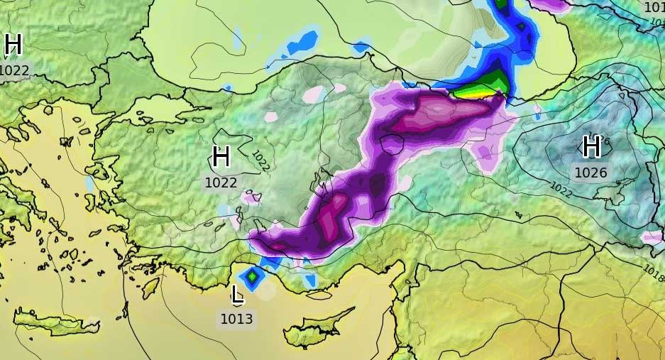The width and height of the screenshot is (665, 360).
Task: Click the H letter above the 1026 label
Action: point(591,147)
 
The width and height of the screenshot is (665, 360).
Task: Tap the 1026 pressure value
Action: point(590,172)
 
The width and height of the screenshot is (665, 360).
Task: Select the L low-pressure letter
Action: point(238,293)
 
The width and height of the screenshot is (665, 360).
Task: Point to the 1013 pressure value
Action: point(236,319)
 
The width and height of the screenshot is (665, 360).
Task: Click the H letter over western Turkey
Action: point(221,157)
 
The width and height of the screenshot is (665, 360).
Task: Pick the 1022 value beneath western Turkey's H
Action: point(221,182)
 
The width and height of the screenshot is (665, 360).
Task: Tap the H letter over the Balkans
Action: point(13,45)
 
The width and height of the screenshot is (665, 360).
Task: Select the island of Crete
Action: point(57,323)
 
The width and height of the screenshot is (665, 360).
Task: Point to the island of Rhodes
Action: point(150,287)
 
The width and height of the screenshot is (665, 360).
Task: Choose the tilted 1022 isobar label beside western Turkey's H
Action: point(260,160)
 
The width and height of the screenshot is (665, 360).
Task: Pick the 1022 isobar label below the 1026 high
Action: point(560,190)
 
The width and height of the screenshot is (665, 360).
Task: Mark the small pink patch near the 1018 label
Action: point(651,237)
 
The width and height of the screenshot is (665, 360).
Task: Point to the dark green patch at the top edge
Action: point(502,4)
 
